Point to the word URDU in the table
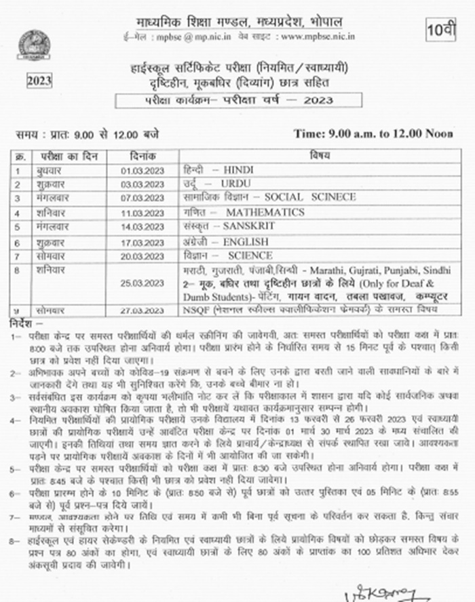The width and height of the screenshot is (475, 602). pos(236,183)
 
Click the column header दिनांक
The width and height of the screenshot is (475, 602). pos(143,155)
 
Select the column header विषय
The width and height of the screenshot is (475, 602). pos(320,155)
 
